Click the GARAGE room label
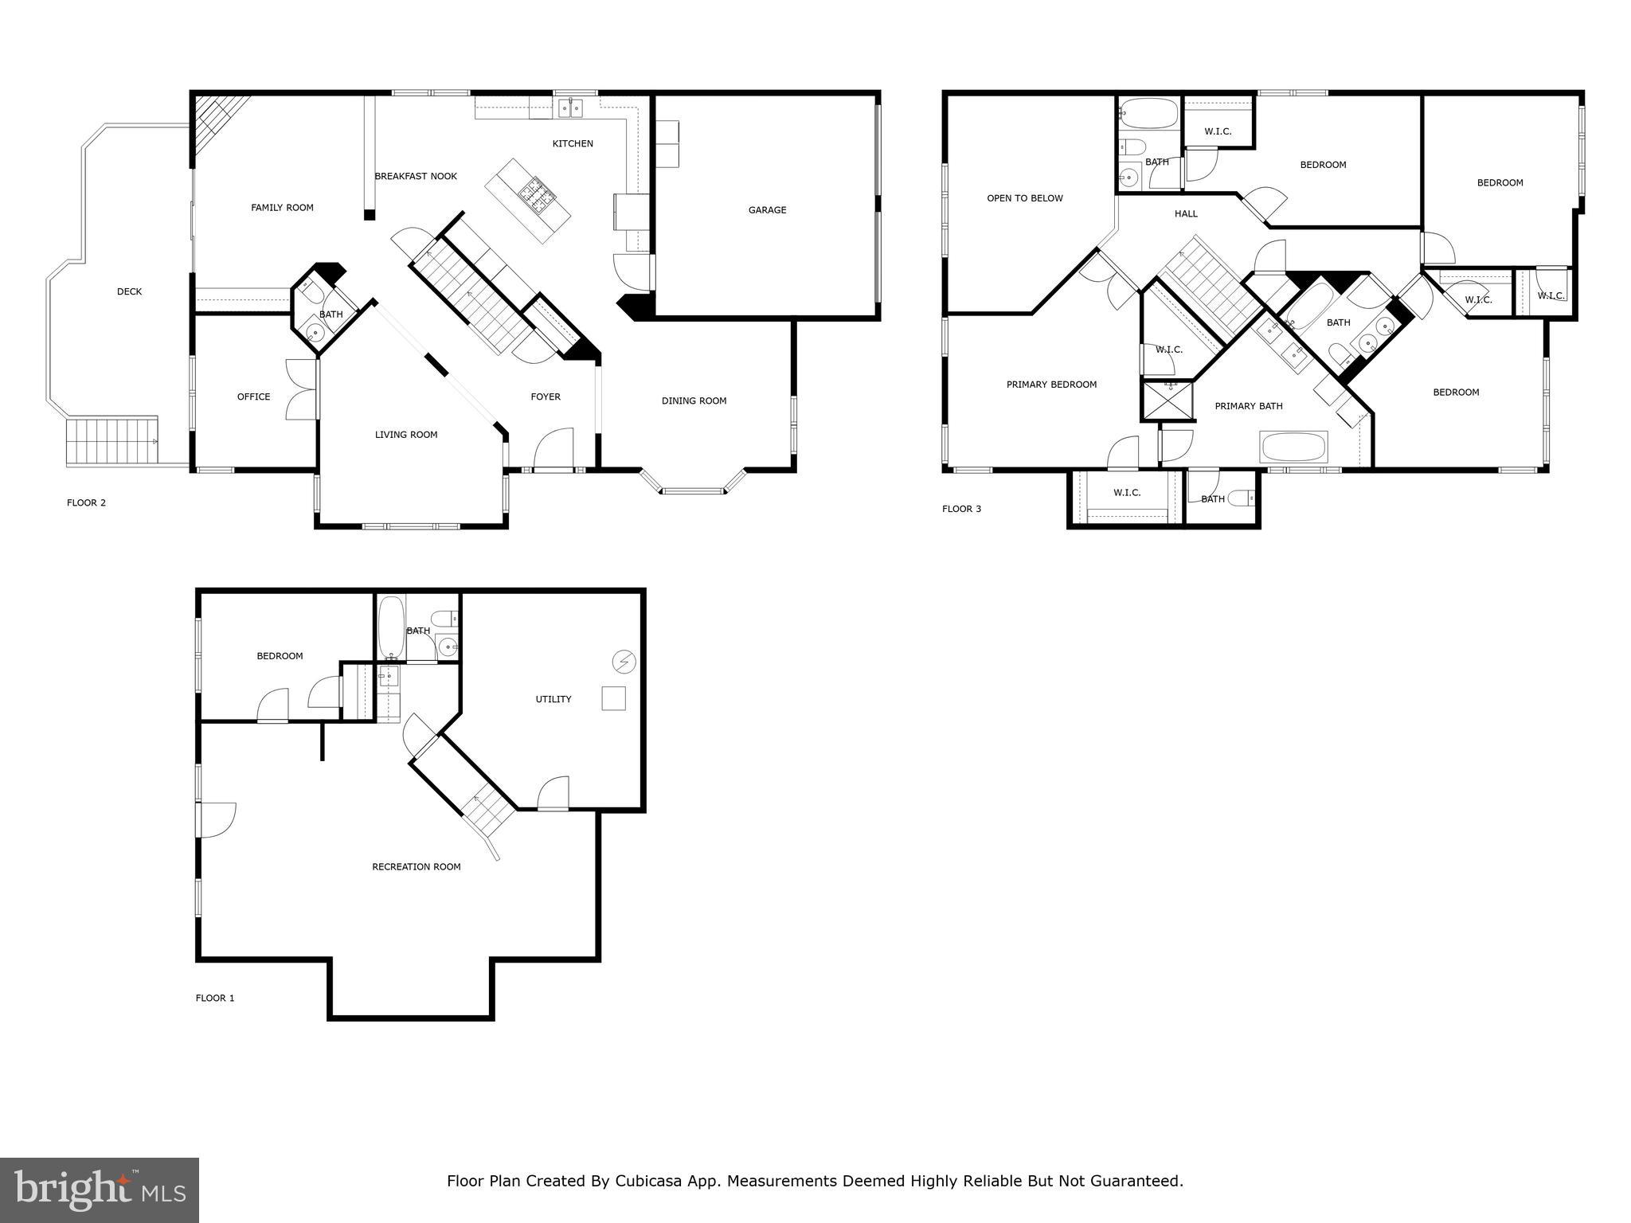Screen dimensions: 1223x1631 pyautogui.click(x=767, y=210)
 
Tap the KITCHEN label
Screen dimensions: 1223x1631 pyautogui.click(x=573, y=144)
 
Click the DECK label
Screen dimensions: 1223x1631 pyautogui.click(x=129, y=292)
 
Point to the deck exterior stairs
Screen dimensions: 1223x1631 pyautogui.click(x=111, y=441)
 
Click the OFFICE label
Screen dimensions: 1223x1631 pyautogui.click(x=253, y=397)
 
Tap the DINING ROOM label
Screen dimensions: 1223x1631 pyautogui.click(x=694, y=401)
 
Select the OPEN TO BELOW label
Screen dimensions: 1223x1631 pyautogui.click(x=1024, y=198)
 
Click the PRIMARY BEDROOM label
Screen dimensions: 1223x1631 pyautogui.click(x=1051, y=385)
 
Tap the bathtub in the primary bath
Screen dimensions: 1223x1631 pyautogui.click(x=1293, y=447)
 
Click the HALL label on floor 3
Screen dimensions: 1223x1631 pyautogui.click(x=1185, y=213)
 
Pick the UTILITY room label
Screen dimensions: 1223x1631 pyautogui.click(x=553, y=699)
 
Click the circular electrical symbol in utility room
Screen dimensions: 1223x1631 pyautogui.click(x=624, y=661)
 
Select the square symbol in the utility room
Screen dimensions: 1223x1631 pyautogui.click(x=613, y=698)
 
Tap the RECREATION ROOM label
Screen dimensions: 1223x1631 pyautogui.click(x=416, y=866)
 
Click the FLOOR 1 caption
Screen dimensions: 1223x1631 pyautogui.click(x=215, y=998)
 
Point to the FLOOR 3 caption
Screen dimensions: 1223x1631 pyautogui.click(x=961, y=509)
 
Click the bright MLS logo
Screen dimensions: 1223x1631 pyautogui.click(x=100, y=1190)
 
